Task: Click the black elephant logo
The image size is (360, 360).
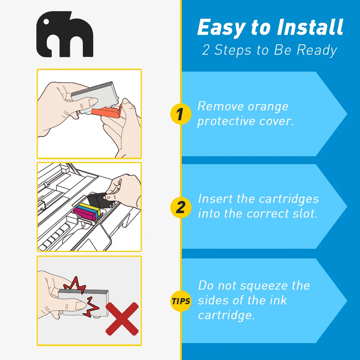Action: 65,34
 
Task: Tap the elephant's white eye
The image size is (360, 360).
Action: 46,22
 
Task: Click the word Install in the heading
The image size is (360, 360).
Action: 310,27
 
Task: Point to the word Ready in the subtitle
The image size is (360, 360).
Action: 317,50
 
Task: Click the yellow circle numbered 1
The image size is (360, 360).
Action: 181,114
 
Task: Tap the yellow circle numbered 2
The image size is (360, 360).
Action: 181,207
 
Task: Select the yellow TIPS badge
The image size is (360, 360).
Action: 181,301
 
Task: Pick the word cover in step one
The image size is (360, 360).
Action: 276,121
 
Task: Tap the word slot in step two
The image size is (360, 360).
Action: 305,213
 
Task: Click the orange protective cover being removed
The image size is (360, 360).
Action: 107,112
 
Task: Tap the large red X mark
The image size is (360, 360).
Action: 122,319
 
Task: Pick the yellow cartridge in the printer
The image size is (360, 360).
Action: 90,208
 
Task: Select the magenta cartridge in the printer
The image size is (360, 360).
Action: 85,215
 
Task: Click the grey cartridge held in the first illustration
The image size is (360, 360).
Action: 95,96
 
